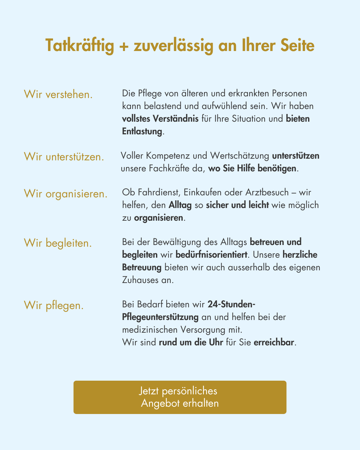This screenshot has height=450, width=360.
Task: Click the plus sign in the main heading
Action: point(124,46)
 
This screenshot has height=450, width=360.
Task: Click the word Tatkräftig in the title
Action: point(80,46)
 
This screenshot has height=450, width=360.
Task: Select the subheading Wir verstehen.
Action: point(58,94)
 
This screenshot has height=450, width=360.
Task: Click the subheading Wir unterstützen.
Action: point(64,157)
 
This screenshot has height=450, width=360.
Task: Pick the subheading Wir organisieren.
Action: point(66,193)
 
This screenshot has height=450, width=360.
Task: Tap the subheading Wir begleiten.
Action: point(58,243)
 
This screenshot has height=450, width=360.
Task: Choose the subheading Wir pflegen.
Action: point(54,305)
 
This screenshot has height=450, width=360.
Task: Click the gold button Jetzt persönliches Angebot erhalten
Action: point(180,397)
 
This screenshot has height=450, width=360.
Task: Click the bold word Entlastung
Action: point(142,131)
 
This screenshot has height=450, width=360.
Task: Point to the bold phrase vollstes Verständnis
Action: point(160,119)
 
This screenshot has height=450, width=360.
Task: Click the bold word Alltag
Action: point(180,205)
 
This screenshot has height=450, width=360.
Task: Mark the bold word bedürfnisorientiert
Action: point(211,255)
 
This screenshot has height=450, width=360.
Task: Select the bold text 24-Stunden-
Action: point(231,304)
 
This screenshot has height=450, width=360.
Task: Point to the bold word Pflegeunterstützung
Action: point(160,317)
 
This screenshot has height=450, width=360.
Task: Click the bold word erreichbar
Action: point(274,342)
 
